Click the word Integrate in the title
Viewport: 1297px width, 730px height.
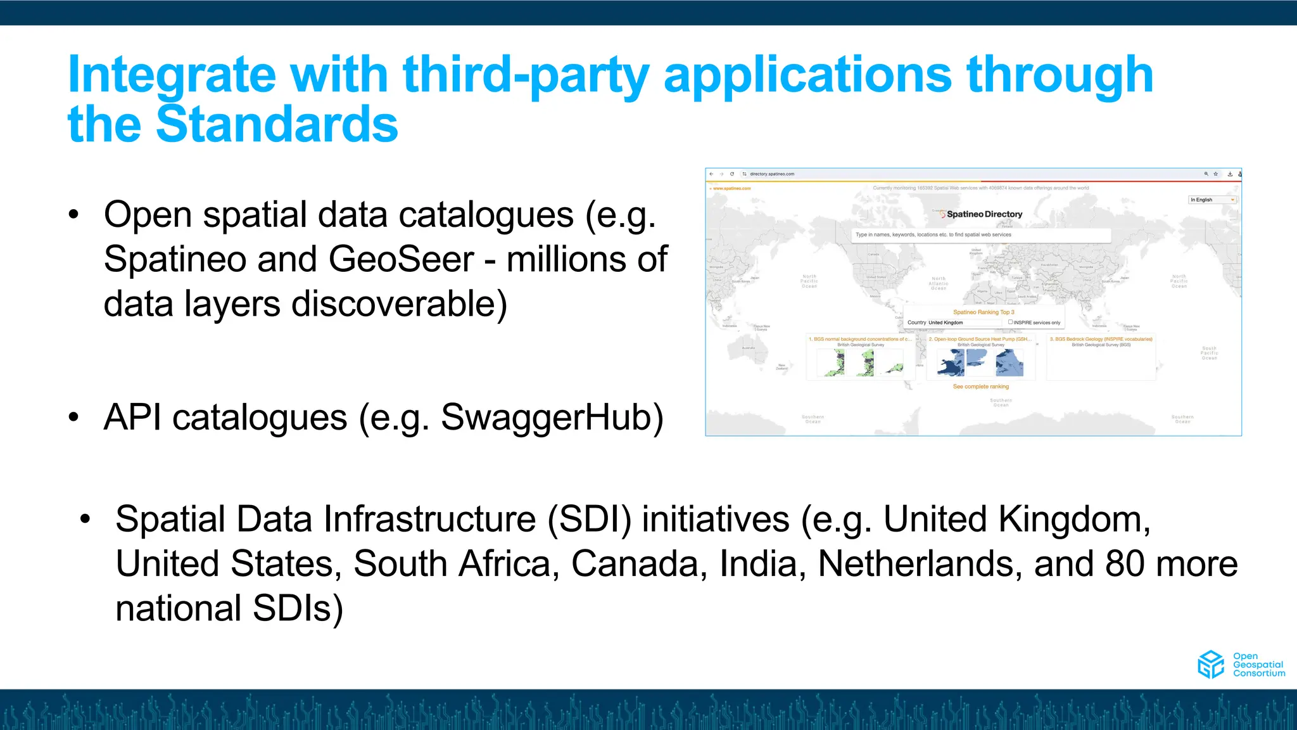pos(172,75)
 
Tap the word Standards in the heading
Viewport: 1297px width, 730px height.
pos(277,124)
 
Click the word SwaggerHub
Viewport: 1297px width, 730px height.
pos(552,418)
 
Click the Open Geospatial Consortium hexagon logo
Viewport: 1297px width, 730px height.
pos(1211,665)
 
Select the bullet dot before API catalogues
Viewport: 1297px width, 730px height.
pos(74,418)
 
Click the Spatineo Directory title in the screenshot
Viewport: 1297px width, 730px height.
pos(984,214)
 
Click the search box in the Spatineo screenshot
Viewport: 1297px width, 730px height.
pos(982,235)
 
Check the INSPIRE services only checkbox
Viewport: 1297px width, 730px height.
pos(1010,322)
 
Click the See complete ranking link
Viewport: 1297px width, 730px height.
pos(980,387)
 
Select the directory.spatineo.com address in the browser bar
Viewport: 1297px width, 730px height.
pos(772,174)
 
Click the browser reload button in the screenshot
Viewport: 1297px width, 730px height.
pos(732,174)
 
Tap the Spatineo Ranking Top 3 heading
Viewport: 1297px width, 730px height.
pos(984,312)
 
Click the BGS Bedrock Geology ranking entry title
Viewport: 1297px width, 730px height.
pos(1101,339)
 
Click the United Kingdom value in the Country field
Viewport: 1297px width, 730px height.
pos(946,323)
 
